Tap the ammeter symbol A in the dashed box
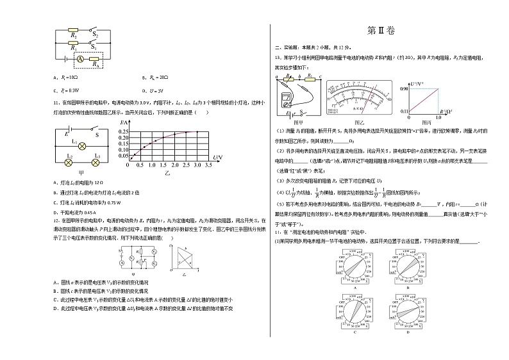pyautogui.click(x=81, y=58)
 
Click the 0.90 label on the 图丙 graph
pyautogui.click(x=405, y=88)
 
